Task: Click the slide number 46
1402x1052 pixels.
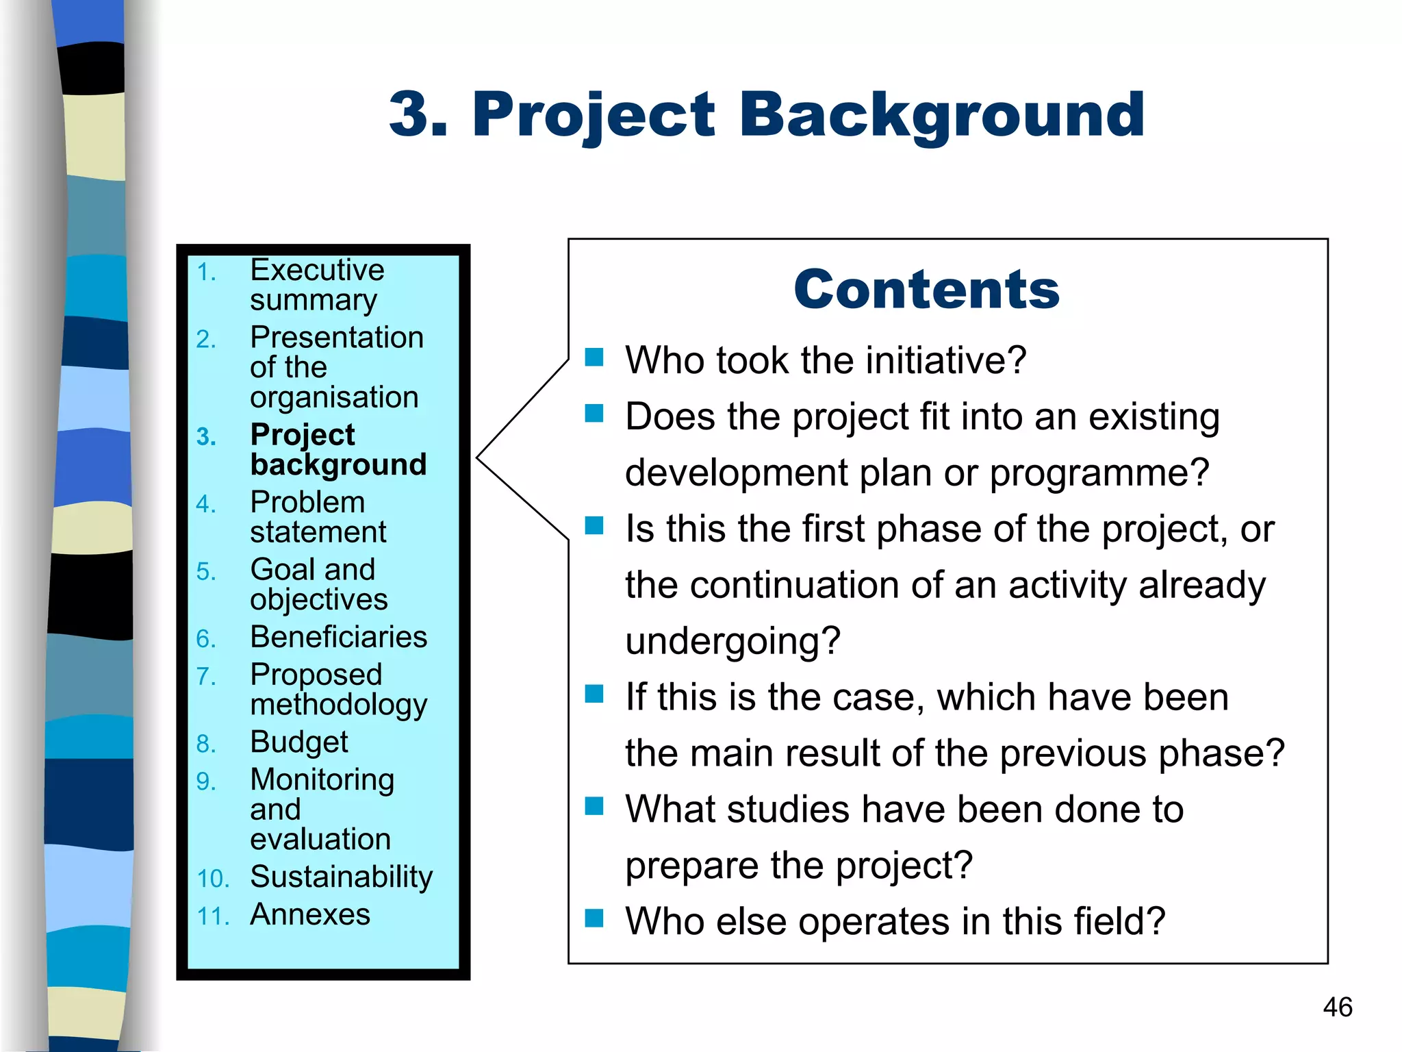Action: [x=1337, y=1007]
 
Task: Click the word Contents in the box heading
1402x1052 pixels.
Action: [x=926, y=290]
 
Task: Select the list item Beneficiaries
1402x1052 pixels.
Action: [x=338, y=637]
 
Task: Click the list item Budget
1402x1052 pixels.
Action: [x=299, y=742]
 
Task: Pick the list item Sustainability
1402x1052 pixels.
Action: [x=341, y=877]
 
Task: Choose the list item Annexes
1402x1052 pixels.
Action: [x=310, y=915]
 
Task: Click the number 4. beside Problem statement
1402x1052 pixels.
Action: [x=205, y=505]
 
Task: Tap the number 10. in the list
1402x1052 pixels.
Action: [x=212, y=879]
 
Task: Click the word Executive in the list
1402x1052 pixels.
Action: [x=317, y=270]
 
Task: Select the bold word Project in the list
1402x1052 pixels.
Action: [x=302, y=435]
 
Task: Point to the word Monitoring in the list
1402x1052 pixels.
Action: [x=322, y=780]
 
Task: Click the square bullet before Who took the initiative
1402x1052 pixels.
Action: [x=594, y=357]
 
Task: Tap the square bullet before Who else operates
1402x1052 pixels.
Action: [x=594, y=918]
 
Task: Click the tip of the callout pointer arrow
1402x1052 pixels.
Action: [x=478, y=457]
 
